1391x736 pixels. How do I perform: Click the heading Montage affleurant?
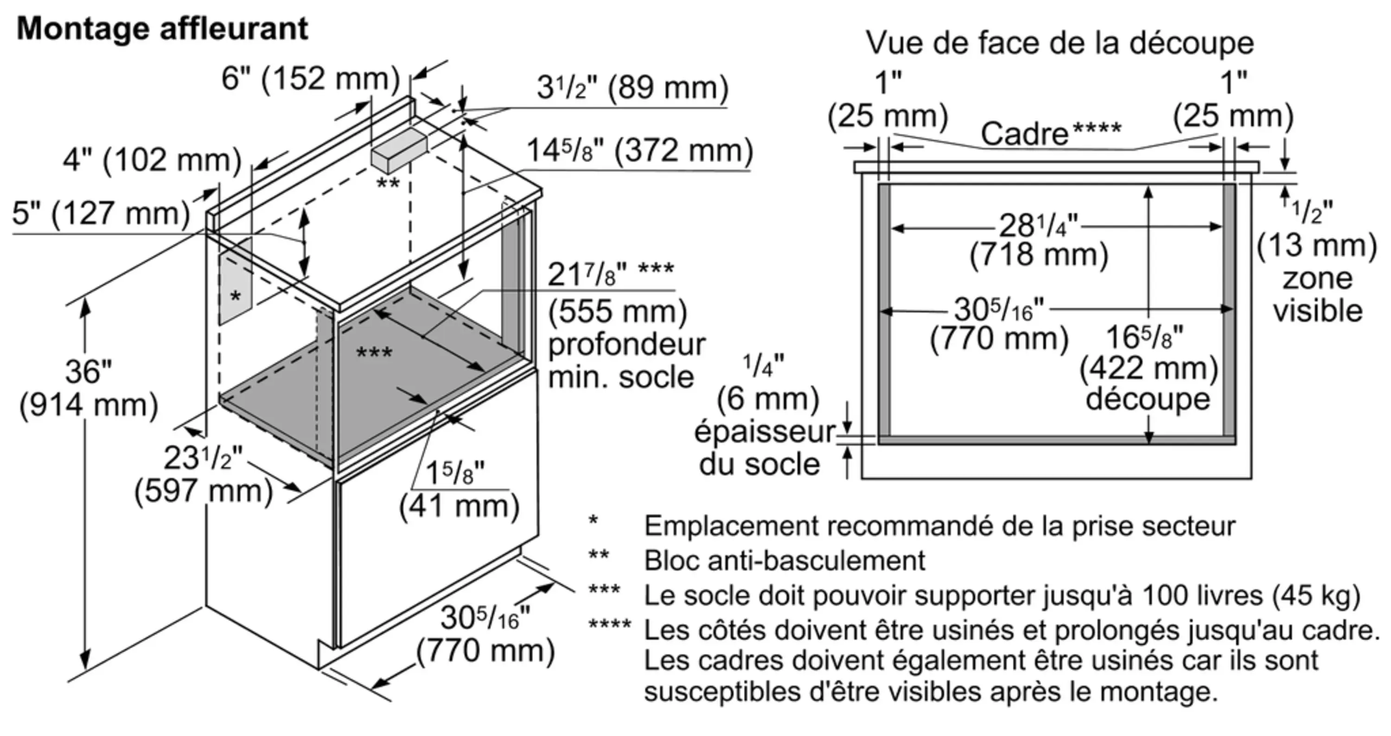(162, 28)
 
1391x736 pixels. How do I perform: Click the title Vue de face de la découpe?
(1059, 43)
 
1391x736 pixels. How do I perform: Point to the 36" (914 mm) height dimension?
(89, 388)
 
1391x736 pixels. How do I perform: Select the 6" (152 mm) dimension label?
(311, 79)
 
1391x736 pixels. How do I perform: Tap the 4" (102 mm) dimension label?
(152, 160)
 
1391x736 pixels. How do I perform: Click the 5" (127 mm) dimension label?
(101, 213)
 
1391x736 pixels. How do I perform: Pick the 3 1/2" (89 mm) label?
(632, 88)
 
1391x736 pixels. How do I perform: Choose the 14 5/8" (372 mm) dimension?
(639, 151)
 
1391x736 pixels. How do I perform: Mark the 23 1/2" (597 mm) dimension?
(204, 475)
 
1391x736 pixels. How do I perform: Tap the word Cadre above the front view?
(1024, 134)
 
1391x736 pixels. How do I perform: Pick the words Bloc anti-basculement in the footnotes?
(785, 561)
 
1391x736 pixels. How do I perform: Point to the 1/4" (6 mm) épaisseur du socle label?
(764, 415)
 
